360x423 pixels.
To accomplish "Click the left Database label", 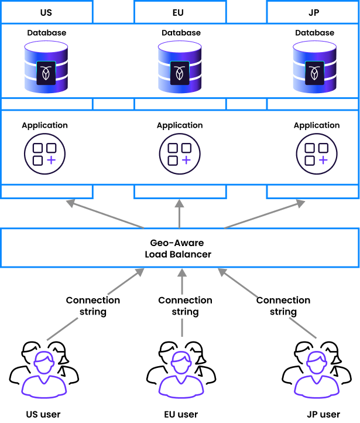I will point(47,33).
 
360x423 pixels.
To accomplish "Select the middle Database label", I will point(181,33).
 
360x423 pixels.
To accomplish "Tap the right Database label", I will point(315,33).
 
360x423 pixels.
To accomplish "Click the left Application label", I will point(44,125).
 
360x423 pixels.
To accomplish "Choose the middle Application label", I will point(180,125).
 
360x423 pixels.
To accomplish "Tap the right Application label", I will point(317,125).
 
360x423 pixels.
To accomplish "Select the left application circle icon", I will point(44,154).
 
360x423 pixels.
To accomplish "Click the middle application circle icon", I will point(180,154).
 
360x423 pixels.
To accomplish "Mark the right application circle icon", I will point(317,154).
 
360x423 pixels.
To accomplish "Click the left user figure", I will point(44,375).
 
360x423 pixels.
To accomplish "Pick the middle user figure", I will point(181,375).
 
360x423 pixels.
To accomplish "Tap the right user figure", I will point(317,375).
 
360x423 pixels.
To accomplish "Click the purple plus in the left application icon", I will point(51,160).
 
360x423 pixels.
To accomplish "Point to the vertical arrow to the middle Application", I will point(180,213).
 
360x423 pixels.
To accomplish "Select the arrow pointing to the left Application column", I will point(105,214).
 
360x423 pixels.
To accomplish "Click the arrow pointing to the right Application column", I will point(265,214).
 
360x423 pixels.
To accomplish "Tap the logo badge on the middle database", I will point(180,73).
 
